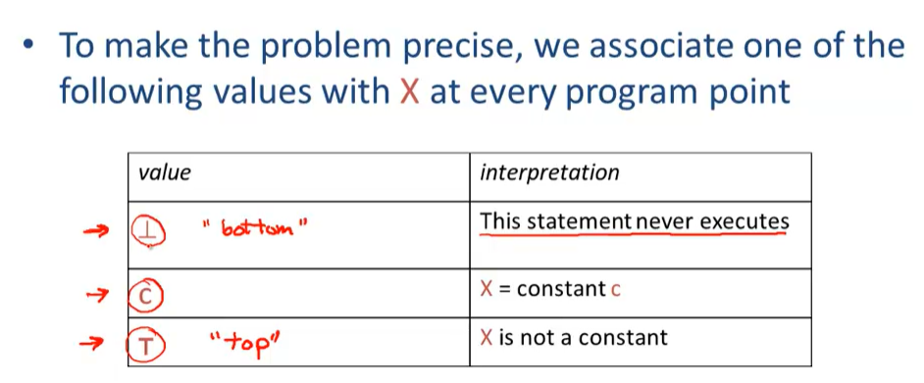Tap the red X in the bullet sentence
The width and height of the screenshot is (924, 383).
coord(410,92)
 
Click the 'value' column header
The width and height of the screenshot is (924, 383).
coord(165,173)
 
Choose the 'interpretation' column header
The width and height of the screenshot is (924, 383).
coord(549,173)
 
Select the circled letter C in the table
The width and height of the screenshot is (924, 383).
coord(144,291)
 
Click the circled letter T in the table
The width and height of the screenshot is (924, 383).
coord(144,343)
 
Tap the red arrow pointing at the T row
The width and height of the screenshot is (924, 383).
coord(93,343)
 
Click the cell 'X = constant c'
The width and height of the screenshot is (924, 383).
coord(550,289)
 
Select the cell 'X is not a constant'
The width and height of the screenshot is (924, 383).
coord(573,338)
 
